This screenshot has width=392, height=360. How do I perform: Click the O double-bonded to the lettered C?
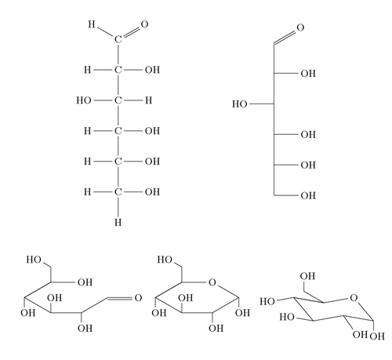tap(144, 24)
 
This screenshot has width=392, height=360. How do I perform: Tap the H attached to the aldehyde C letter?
tap(92, 24)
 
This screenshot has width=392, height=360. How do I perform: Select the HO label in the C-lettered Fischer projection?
tap(84, 100)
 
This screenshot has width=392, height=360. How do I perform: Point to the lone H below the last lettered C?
tap(118, 223)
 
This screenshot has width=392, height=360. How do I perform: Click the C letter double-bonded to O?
tap(118, 39)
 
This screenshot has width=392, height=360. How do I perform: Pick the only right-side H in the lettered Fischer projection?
tap(149, 100)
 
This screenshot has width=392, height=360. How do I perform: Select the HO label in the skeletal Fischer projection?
tap(240, 104)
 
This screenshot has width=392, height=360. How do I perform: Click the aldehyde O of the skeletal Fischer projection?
tap(300, 27)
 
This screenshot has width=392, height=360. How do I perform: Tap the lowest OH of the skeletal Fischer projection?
tap(308, 195)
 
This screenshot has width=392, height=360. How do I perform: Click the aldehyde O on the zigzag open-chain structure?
tap(138, 298)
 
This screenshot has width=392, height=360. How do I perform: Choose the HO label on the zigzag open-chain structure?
tap(34, 260)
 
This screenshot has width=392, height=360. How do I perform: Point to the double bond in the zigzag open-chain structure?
tap(120, 298)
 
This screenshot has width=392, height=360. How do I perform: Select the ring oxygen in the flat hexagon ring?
tap(212, 282)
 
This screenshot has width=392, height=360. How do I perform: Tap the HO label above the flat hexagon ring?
tap(165, 260)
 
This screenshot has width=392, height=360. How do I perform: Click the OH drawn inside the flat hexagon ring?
tap(186, 298)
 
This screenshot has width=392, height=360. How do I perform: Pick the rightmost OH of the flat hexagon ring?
tap(242, 313)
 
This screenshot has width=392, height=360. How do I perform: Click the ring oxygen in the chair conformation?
tap(354, 298)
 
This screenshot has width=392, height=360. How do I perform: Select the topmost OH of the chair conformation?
tap(307, 276)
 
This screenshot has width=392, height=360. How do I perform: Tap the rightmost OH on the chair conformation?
tap(377, 336)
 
